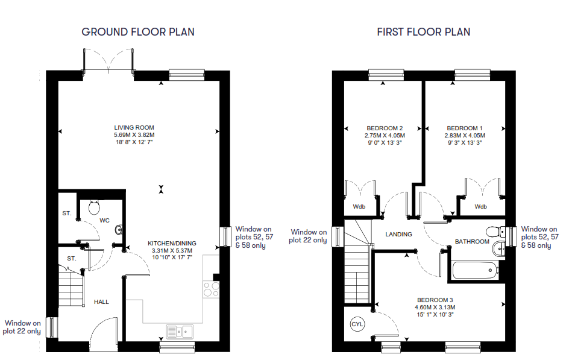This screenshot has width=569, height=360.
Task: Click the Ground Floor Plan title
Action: pos(138,32)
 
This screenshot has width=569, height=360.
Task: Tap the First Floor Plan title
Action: pos(424,32)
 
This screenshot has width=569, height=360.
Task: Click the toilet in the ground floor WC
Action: pos(94,207)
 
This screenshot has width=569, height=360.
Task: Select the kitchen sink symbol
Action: pos(180,332)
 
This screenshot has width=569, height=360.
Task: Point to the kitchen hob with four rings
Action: pos(211,289)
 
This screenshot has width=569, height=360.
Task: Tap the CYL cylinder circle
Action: pos(357,324)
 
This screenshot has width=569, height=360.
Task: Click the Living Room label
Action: pos(134,127)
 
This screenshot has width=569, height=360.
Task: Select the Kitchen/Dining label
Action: pos(172,243)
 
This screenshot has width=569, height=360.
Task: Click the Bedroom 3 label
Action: pos(435,300)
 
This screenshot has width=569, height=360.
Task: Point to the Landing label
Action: pos(399,235)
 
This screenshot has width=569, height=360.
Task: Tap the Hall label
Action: pos(102,302)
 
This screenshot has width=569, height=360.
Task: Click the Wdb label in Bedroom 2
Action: pos(359,207)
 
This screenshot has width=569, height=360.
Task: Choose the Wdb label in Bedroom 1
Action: pos(481,207)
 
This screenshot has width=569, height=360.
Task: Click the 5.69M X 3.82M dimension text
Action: pos(134,134)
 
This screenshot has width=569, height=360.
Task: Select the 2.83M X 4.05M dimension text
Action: pos(465,135)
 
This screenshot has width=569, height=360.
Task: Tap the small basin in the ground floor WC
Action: pos(119,229)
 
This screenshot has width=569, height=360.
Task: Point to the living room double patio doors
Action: pos(108,61)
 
